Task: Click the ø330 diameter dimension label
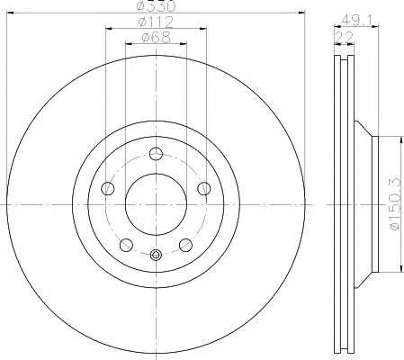(x=156, y=5)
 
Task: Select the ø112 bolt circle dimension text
(x=156, y=22)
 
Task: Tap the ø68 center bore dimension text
(x=156, y=38)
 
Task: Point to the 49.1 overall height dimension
(x=356, y=21)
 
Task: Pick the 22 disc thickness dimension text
(x=345, y=38)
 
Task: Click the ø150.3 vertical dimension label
(x=395, y=203)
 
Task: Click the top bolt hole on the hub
(x=156, y=154)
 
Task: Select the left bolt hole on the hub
(x=108, y=188)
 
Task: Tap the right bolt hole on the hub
(x=204, y=188)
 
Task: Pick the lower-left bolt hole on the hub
(x=126, y=245)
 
